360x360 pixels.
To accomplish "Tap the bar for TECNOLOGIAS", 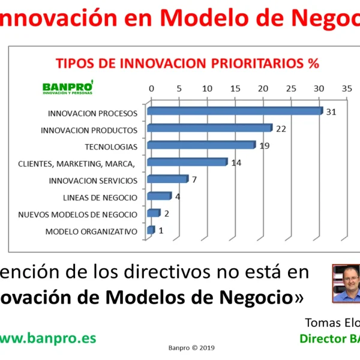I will tap(200, 145).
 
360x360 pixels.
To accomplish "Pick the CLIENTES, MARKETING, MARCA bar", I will tap(187, 162).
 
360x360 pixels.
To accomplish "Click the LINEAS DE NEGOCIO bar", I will tap(158, 196).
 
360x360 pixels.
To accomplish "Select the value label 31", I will tap(331, 112).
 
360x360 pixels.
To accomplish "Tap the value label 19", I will tap(265, 145).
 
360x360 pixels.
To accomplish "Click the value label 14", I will tap(236, 163).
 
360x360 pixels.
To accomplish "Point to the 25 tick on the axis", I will tap(291, 89).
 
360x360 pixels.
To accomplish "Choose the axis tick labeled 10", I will tap(207, 89).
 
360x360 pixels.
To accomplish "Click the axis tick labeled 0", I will tap(151, 89).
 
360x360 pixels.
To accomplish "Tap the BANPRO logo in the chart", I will tap(68, 87).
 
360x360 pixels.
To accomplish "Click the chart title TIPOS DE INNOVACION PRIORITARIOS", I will tap(187, 64).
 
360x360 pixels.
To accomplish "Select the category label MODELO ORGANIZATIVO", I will tap(92, 231).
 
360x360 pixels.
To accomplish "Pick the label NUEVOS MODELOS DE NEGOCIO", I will tap(78, 214).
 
